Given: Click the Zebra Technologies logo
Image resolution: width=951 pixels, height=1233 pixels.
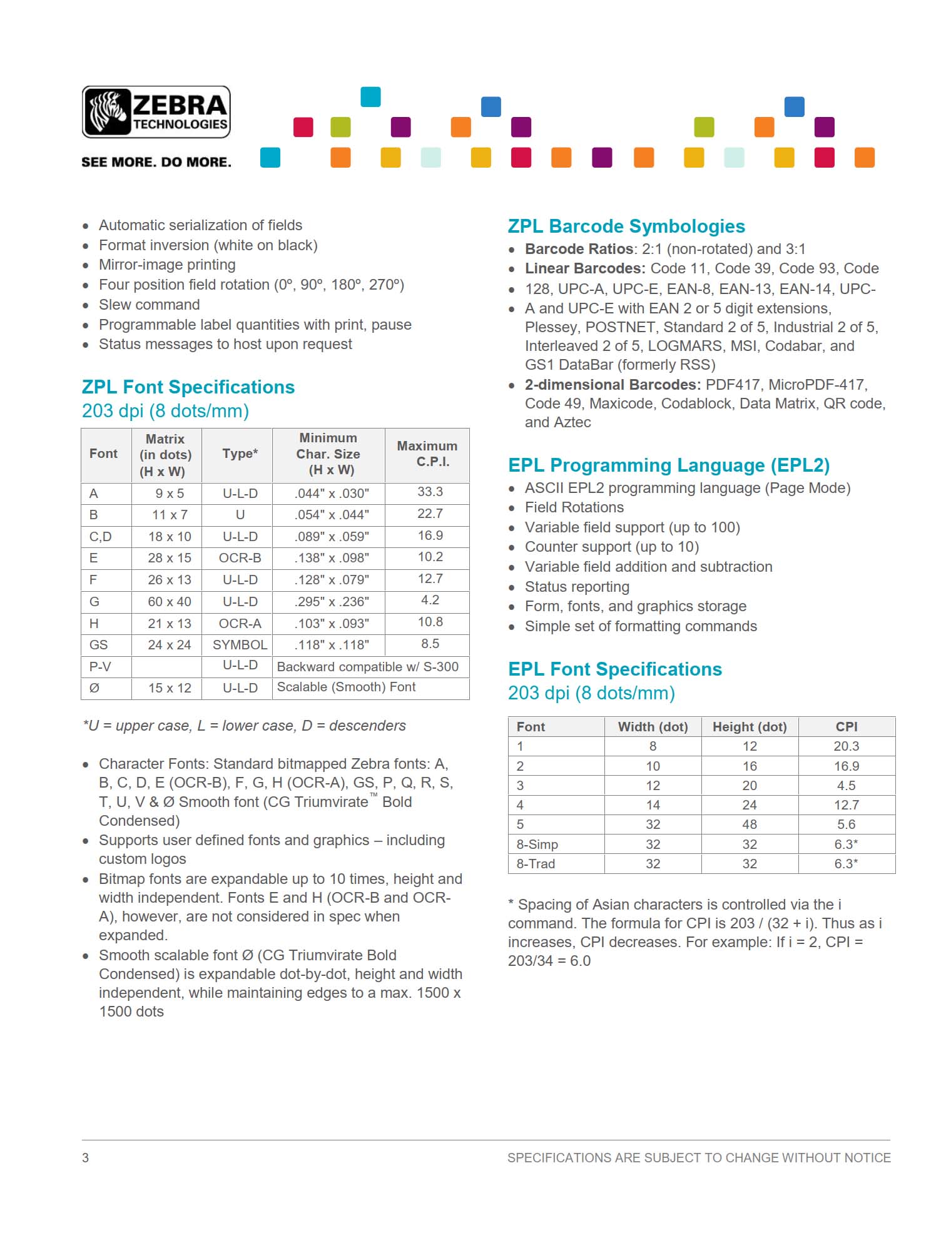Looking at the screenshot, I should click(156, 112).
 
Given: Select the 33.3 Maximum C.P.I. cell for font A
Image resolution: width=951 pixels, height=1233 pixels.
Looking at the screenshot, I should click(430, 492).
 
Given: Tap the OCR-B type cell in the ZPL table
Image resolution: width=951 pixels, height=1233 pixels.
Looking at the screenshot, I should click(240, 558).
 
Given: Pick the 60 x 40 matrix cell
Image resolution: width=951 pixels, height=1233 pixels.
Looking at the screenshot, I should click(169, 602).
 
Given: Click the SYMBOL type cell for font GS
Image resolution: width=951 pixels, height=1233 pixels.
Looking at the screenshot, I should click(240, 645).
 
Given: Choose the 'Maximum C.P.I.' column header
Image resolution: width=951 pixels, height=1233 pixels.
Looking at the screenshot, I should click(427, 454).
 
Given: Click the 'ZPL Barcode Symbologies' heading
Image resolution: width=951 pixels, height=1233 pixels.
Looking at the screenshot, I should click(626, 226).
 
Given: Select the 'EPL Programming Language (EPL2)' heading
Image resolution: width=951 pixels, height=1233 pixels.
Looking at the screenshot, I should click(669, 465).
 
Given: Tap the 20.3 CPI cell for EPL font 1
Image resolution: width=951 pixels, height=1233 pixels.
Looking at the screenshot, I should click(846, 746).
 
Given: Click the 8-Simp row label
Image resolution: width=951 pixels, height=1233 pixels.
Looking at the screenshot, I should click(537, 845).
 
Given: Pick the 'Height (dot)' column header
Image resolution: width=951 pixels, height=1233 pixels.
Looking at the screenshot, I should click(750, 727).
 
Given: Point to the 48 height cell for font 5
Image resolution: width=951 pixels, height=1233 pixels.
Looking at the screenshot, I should click(750, 825).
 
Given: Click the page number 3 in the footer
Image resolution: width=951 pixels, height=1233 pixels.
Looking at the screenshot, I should click(86, 1158).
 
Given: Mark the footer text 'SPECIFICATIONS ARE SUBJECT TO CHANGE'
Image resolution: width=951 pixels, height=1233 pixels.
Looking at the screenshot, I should click(699, 1158).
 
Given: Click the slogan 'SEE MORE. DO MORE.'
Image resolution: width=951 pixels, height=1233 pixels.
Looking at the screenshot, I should click(156, 162).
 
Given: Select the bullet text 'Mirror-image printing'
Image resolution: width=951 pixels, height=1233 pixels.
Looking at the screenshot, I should click(167, 265).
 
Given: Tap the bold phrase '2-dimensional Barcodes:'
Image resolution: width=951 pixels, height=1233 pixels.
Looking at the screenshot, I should click(613, 385).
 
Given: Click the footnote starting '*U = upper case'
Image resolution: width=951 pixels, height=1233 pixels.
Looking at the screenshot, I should click(244, 726).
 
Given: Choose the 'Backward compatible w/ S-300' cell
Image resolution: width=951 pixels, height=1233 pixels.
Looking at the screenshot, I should click(368, 667).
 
